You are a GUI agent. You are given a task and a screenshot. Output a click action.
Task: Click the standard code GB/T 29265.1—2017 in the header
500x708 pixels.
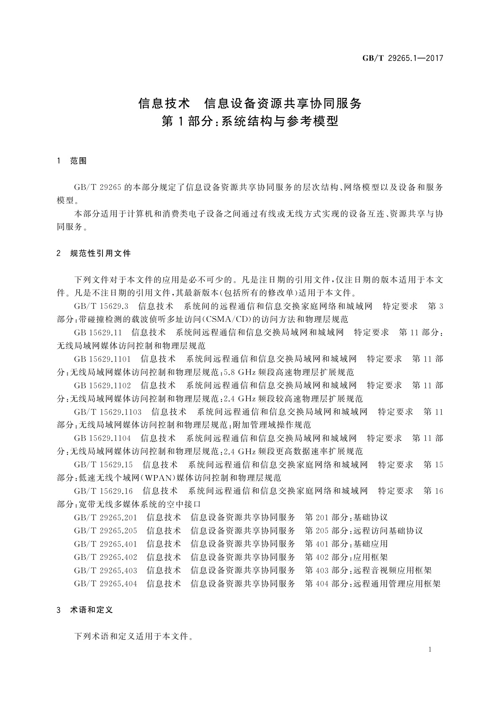pyautogui.click(x=403, y=58)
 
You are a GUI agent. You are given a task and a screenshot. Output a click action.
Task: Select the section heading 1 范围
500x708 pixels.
pyautogui.click(x=71, y=161)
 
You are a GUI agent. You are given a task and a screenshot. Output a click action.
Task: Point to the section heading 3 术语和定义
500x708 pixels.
pyautogui.click(x=85, y=610)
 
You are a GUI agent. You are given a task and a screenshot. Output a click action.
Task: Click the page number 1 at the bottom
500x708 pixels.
pyautogui.click(x=430, y=650)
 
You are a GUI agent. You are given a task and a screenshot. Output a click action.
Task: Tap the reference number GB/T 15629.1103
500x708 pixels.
pyautogui.click(x=108, y=412)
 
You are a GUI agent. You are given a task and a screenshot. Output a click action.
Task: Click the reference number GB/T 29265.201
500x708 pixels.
pyautogui.click(x=105, y=518)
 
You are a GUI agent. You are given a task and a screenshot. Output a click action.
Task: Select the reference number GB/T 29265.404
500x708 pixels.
pyautogui.click(x=105, y=584)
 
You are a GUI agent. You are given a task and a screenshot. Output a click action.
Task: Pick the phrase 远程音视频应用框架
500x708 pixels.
pyautogui.click(x=393, y=571)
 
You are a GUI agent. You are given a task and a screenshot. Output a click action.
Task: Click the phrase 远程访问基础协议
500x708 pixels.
pyautogui.click(x=388, y=531)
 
